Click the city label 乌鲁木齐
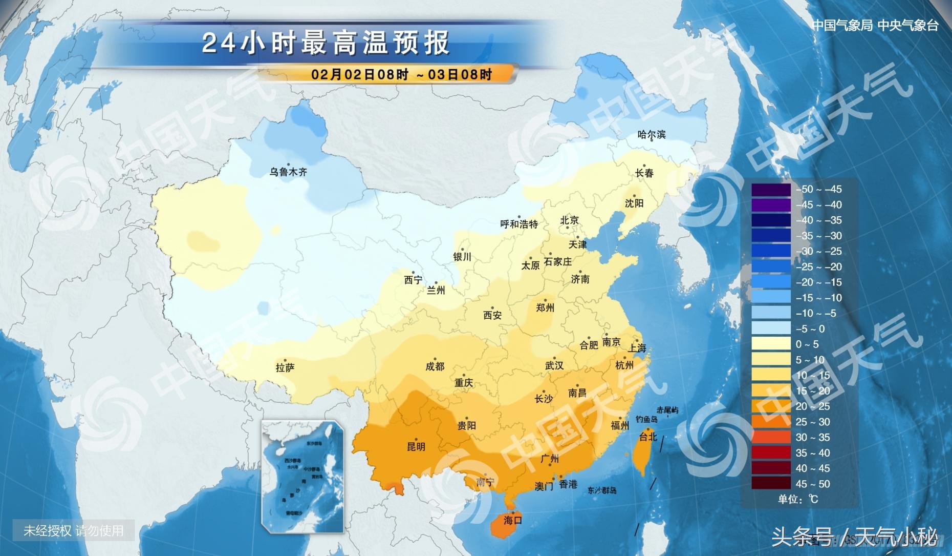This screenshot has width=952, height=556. click(x=288, y=172)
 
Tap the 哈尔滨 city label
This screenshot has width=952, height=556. click(x=652, y=134)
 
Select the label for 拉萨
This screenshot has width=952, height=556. click(x=285, y=367)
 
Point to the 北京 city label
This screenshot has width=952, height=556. click(x=569, y=220)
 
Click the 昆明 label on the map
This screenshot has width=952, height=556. click(x=416, y=446)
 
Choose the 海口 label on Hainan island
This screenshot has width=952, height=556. click(x=512, y=520)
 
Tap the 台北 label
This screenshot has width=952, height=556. click(x=648, y=437)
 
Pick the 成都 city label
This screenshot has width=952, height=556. click(x=435, y=366)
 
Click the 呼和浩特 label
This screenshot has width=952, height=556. click(x=519, y=224)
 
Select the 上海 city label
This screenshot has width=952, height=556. click(x=637, y=348)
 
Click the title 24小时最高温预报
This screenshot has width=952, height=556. click(x=326, y=43)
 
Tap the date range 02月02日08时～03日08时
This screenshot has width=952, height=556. click(x=401, y=74)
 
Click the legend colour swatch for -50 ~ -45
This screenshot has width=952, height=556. click(x=771, y=189)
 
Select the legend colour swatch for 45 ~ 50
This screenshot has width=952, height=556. click(x=771, y=483)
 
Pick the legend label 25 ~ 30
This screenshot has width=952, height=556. click(x=812, y=422)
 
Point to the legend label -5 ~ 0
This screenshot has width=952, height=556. click(x=810, y=328)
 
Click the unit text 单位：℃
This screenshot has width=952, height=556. click(x=798, y=499)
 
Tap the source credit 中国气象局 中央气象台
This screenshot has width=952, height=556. click(x=875, y=26)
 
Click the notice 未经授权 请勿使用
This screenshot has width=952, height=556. click(x=73, y=530)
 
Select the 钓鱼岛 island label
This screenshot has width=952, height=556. click(x=646, y=419)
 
